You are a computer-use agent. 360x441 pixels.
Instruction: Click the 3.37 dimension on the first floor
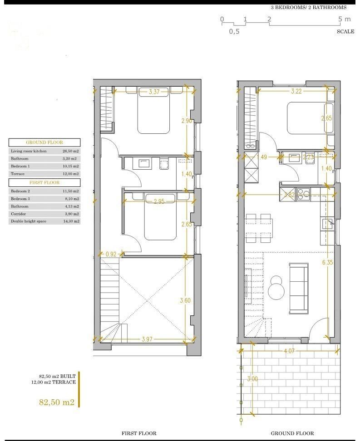click(154, 92)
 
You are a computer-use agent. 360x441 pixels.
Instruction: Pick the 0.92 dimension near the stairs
click(111, 255)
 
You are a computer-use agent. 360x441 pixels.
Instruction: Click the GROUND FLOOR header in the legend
click(44, 142)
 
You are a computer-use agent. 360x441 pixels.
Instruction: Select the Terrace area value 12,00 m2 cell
click(70, 174)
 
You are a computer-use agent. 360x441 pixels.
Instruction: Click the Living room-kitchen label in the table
click(29, 151)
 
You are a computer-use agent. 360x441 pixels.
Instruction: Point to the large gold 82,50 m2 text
click(57, 402)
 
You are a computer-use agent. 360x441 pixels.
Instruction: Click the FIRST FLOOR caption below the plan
click(139, 433)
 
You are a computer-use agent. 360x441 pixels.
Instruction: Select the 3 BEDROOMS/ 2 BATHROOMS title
click(308, 7)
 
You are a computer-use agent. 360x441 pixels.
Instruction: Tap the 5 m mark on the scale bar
click(345, 19)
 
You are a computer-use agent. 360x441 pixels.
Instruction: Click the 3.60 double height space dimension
click(185, 300)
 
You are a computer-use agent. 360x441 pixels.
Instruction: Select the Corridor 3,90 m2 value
click(70, 214)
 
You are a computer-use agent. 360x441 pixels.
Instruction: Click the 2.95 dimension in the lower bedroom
click(159, 201)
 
